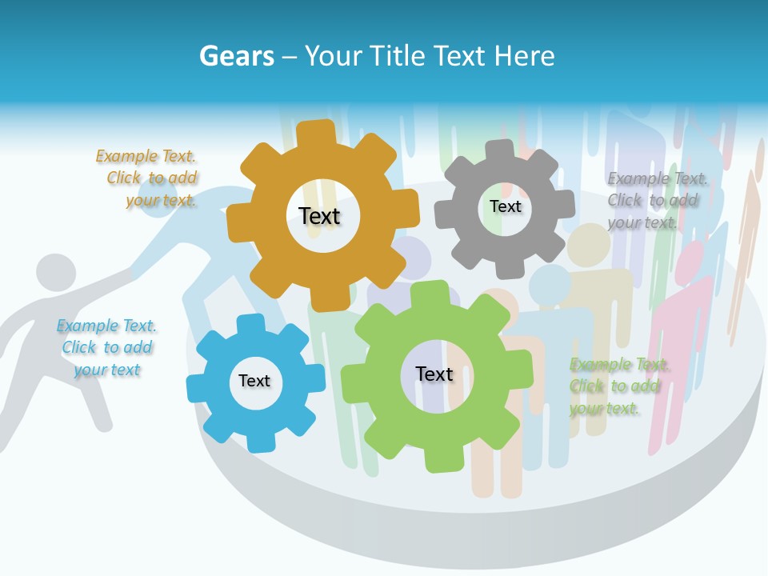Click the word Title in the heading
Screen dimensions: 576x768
[401, 56]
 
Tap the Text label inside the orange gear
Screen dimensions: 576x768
[319, 216]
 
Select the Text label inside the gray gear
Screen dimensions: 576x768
[505, 206]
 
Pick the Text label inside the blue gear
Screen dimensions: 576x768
[254, 381]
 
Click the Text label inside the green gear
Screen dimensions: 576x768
[434, 374]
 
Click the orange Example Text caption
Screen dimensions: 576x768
[146, 178]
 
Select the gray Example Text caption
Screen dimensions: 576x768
[657, 200]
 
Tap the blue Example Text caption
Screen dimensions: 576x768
[106, 347]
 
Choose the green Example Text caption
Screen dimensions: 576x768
[620, 386]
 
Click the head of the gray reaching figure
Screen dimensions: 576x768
[55, 273]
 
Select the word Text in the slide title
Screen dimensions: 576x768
[462, 56]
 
